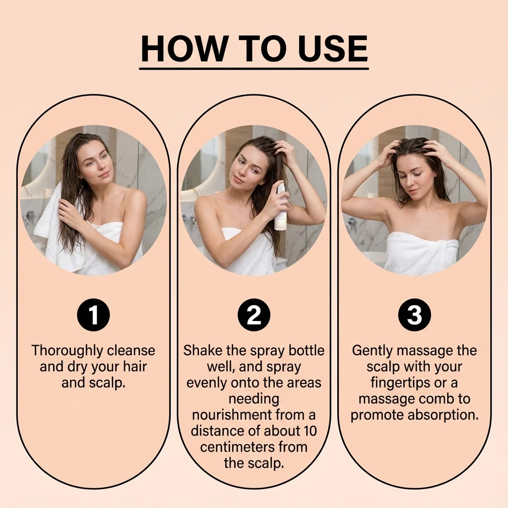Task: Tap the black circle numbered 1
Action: click(93, 315)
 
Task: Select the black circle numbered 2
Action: click(254, 315)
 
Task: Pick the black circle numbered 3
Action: click(414, 315)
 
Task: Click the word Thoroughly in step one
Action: click(67, 351)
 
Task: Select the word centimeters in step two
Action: click(238, 447)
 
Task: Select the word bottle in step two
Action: click(307, 351)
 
